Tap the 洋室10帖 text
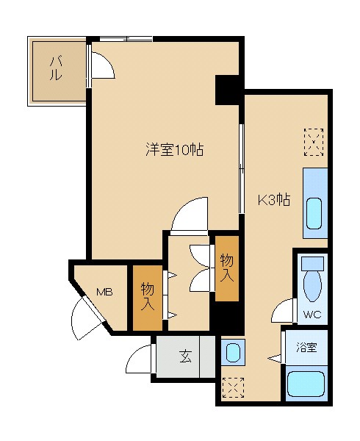[173, 150]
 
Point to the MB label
[104, 293]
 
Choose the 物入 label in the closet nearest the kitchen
[227, 268]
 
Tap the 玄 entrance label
[185, 358]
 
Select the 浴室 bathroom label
[306, 347]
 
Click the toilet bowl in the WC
[312, 282]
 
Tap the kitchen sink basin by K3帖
[314, 212]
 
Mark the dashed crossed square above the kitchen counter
[314, 141]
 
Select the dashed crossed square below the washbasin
[232, 387]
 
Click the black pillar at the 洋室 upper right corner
[228, 90]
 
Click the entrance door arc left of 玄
[139, 360]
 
